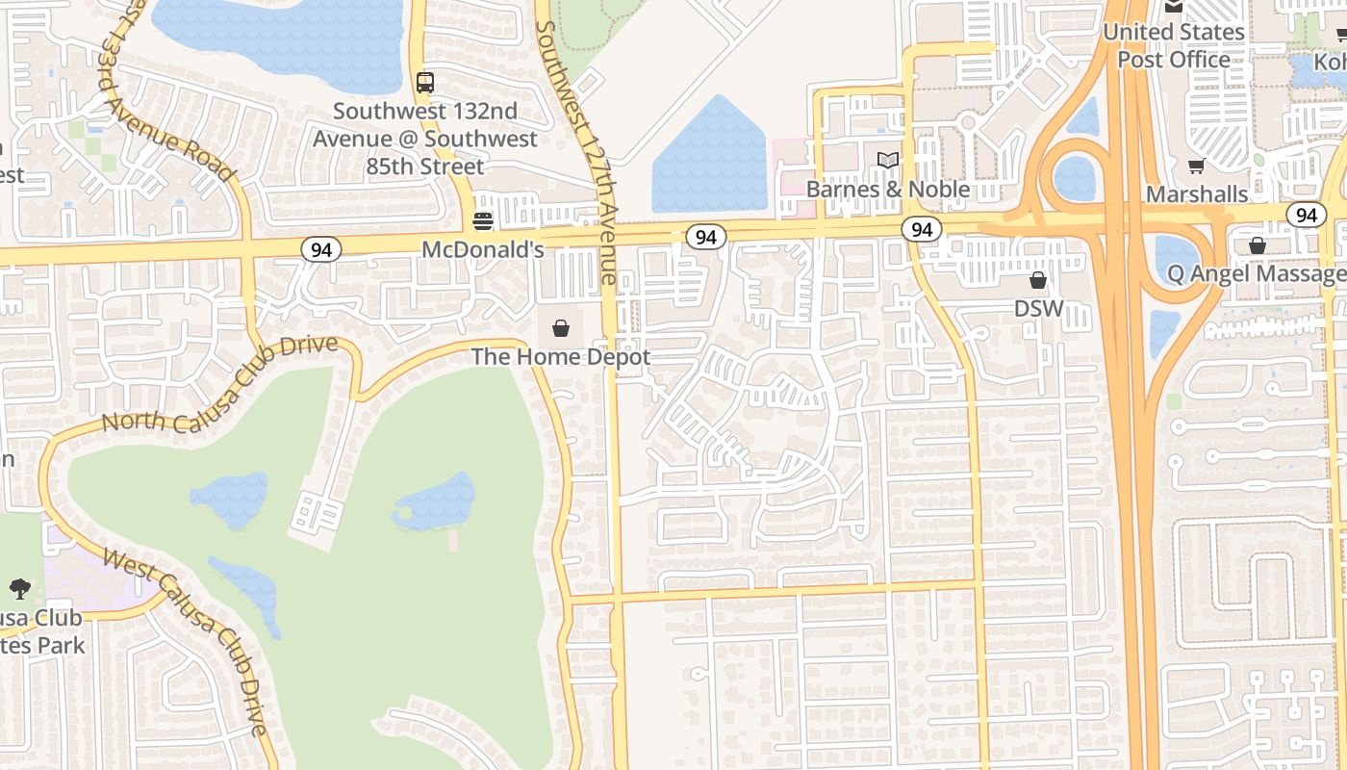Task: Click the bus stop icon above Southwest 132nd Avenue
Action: point(424,83)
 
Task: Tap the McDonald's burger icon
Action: point(483,222)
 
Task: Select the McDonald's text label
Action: point(483,250)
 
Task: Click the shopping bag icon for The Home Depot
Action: point(561,328)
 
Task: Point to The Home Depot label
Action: point(561,357)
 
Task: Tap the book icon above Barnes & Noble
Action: point(887,160)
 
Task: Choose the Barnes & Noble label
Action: point(887,190)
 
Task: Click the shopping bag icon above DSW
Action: point(1038,280)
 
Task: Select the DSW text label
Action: point(1038,309)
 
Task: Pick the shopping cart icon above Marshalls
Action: point(1197,166)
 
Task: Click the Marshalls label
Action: point(1197,194)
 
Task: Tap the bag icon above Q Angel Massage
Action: point(1257,245)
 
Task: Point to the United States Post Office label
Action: point(1173,45)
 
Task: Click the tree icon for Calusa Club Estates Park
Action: point(19,588)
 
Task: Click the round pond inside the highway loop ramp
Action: point(1075,178)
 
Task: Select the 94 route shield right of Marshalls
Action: point(1306,215)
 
